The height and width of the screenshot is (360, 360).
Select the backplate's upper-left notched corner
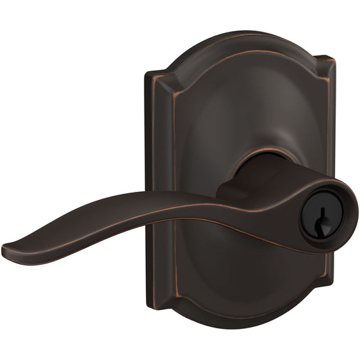coord(157,75)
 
